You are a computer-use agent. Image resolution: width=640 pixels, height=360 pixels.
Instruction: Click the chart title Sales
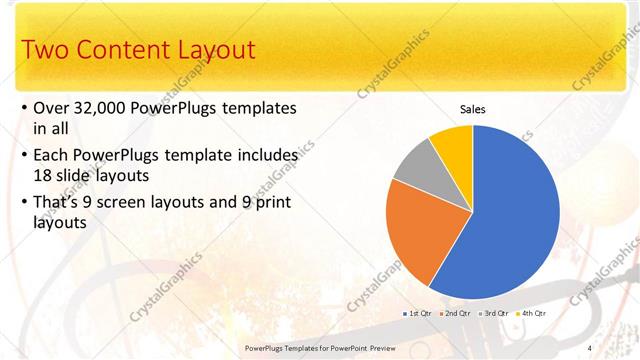pyautogui.click(x=472, y=109)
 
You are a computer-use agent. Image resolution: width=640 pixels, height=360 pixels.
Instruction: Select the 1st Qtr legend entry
pyautogui.click(x=418, y=313)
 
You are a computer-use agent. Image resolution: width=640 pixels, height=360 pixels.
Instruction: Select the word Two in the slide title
pyautogui.click(x=45, y=49)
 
